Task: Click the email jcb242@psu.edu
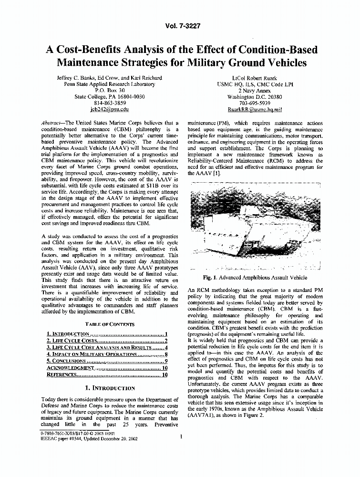pyautogui.click(x=110, y=109)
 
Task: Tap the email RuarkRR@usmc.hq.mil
pyautogui.click(x=255, y=109)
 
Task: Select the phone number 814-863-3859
pyautogui.click(x=110, y=103)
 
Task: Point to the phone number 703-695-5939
pyautogui.click(x=255, y=103)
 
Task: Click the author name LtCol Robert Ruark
pyautogui.click(x=255, y=78)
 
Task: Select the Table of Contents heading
pyautogui.click(x=110, y=324)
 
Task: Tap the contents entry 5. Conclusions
pyautogui.click(x=66, y=361)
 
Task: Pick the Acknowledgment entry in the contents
pyautogui.click(x=70, y=368)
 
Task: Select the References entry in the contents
pyautogui.click(x=62, y=374)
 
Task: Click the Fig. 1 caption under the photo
pyautogui.click(x=255, y=278)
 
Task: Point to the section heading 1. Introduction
pyautogui.click(x=109, y=388)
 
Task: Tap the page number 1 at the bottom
pyautogui.click(x=182, y=436)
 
